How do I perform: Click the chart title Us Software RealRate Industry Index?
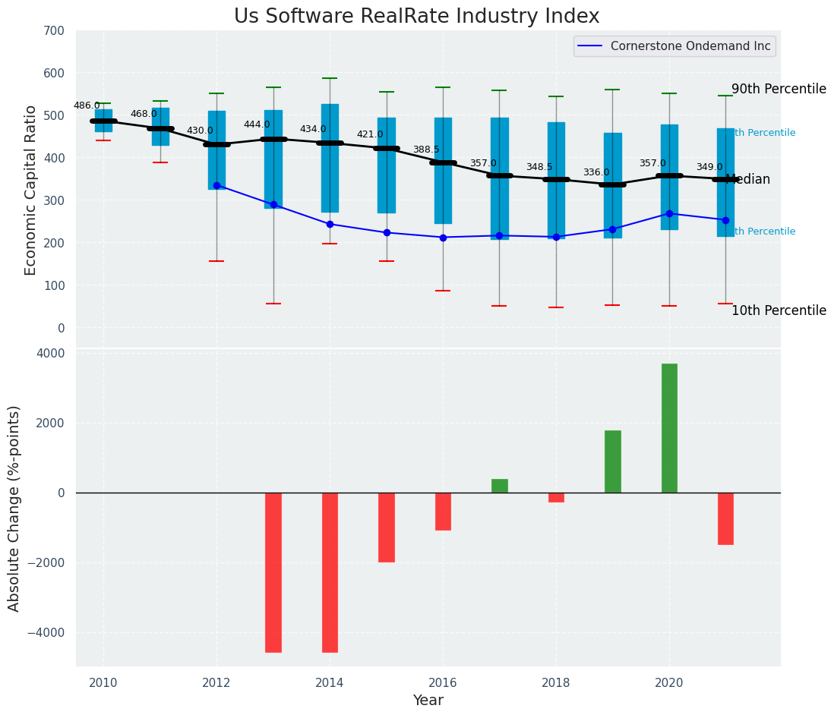coord(416,17)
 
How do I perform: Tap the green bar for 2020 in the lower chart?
coord(669,428)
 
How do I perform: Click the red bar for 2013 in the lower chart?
coord(273,572)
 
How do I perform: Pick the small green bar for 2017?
coord(499,486)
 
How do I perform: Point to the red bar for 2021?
coord(725,518)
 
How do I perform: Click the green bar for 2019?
coord(612,461)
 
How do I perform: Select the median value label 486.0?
coord(87,106)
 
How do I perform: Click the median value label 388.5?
coord(426,150)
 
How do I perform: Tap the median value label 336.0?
coord(596,173)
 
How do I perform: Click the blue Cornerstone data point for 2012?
coord(216,185)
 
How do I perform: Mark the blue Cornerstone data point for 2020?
coord(669,213)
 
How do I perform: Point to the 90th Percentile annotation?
coord(779,89)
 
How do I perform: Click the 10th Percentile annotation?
coord(779,310)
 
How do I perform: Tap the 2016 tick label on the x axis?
coord(443,683)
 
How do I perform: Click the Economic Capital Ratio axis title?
coord(31,190)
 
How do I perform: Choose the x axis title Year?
coord(428,701)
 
